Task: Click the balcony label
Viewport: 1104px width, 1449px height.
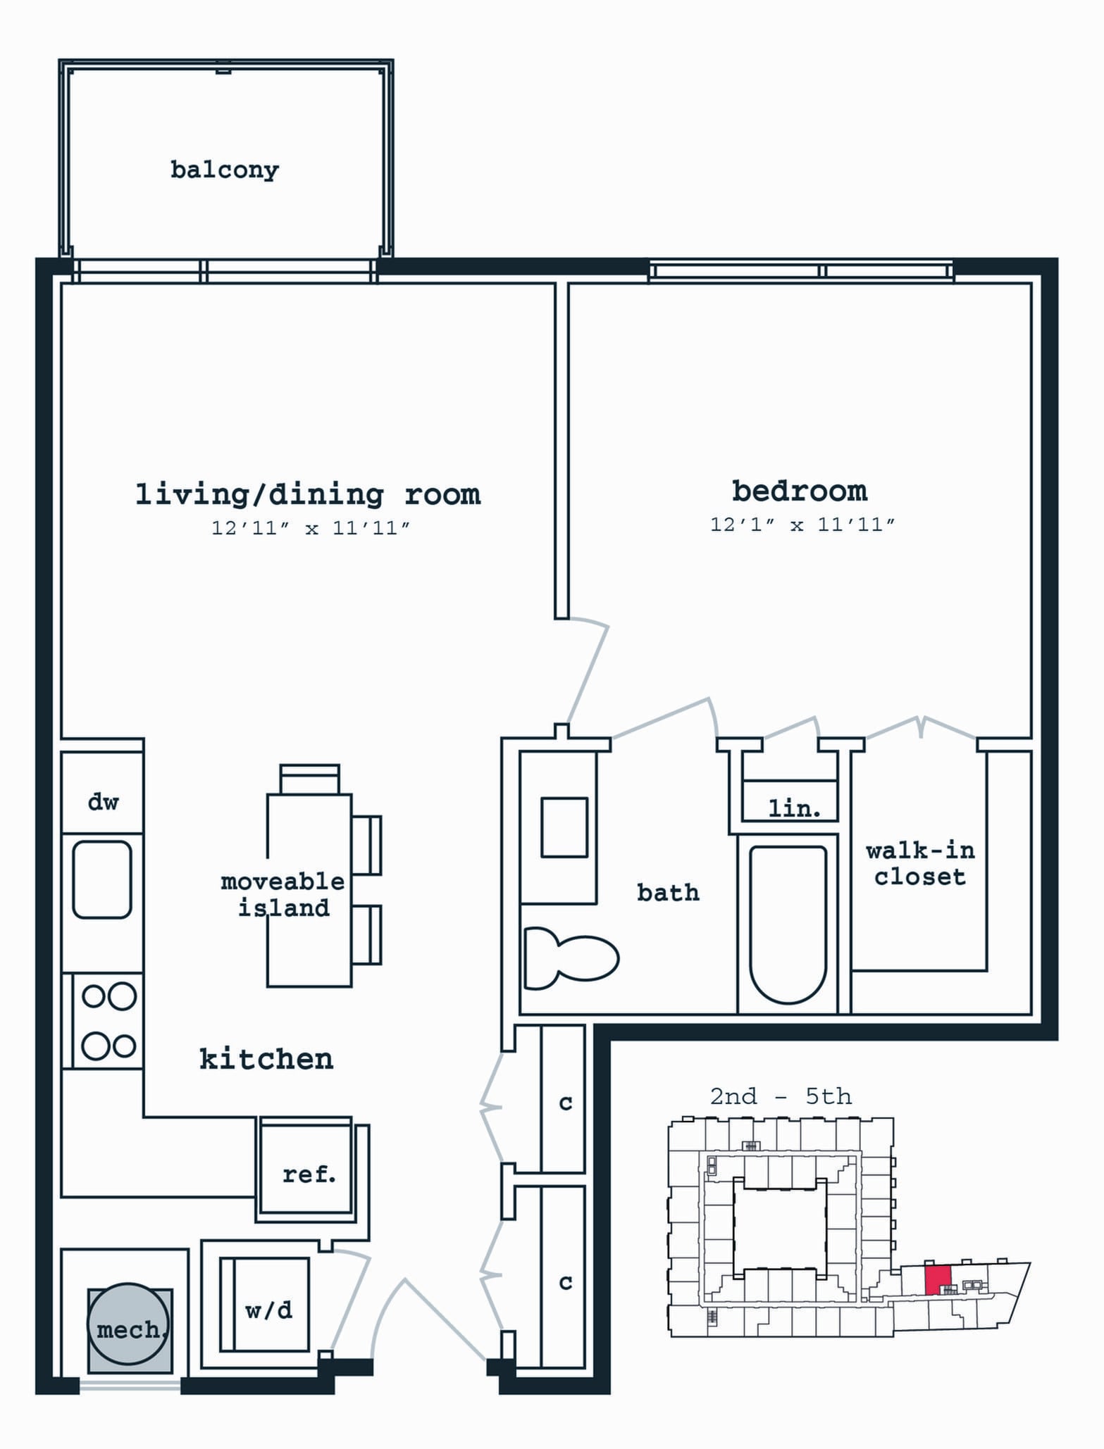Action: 225,170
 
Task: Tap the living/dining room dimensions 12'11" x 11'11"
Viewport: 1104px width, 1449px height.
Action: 311,527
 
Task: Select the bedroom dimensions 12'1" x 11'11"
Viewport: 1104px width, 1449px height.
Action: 802,525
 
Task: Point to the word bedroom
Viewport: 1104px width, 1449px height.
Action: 800,491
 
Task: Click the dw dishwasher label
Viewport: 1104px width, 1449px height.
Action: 103,801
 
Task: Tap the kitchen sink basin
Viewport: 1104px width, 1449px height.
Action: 102,879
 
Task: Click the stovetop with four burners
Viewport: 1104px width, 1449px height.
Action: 108,1021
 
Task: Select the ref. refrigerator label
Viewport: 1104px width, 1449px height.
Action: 309,1174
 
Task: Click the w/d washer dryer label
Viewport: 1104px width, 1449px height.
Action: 268,1310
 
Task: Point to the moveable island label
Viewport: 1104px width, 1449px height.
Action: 283,894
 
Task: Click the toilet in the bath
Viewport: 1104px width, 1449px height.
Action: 571,958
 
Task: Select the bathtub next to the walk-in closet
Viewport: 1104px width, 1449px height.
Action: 788,924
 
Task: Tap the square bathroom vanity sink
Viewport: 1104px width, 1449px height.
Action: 564,827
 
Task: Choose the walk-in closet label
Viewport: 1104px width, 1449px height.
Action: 920,863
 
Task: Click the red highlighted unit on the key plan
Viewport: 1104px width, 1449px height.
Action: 938,1279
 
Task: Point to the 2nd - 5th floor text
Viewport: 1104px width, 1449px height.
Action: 781,1096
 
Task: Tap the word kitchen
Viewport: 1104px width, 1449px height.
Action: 266,1059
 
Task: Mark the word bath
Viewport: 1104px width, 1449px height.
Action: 668,892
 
